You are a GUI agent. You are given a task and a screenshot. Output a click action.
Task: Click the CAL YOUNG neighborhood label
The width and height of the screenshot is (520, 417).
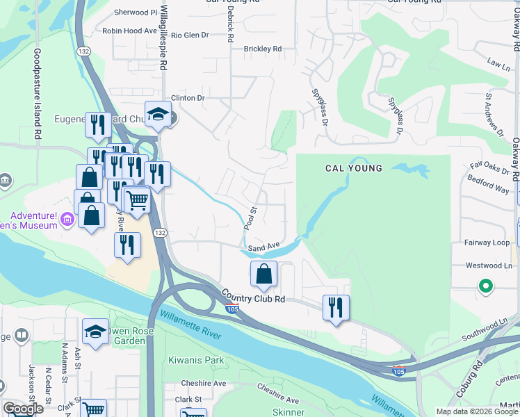point(354,168)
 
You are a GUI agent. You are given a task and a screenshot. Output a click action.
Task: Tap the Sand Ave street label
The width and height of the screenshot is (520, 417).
point(263,247)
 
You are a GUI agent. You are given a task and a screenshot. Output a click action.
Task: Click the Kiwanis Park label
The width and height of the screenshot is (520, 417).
point(196,360)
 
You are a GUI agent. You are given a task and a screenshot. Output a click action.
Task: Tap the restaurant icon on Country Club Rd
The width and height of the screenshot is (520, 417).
point(336,307)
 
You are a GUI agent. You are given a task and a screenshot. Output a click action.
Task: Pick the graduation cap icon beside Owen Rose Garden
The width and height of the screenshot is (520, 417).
point(95,332)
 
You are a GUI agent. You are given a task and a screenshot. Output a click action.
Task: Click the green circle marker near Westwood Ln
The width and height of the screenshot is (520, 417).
point(486,286)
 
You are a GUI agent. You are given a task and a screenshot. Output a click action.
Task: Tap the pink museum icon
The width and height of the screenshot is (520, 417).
point(67,220)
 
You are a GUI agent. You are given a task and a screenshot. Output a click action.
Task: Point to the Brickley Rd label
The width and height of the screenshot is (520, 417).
point(262,49)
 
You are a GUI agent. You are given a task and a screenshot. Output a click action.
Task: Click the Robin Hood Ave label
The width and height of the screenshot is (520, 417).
point(130,31)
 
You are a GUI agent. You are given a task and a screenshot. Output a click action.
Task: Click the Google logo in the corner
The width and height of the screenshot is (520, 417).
point(24,409)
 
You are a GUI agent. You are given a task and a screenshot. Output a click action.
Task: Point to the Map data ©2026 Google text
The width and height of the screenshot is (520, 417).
point(476,411)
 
